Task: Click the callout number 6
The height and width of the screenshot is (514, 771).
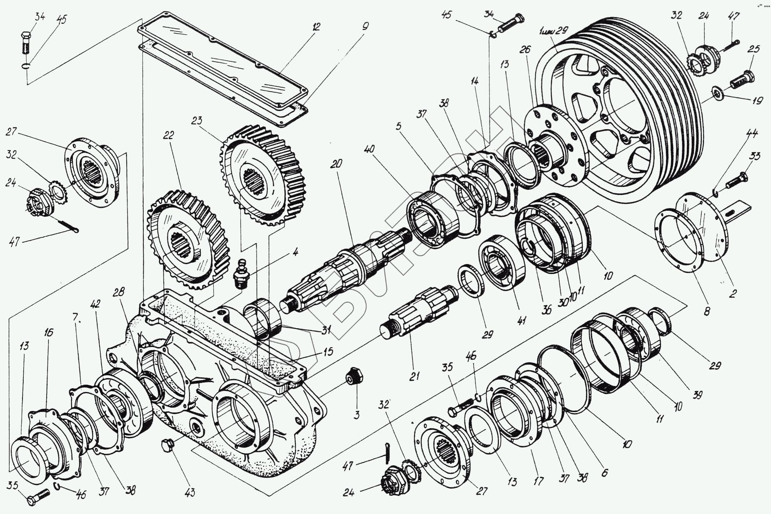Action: [604, 472]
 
